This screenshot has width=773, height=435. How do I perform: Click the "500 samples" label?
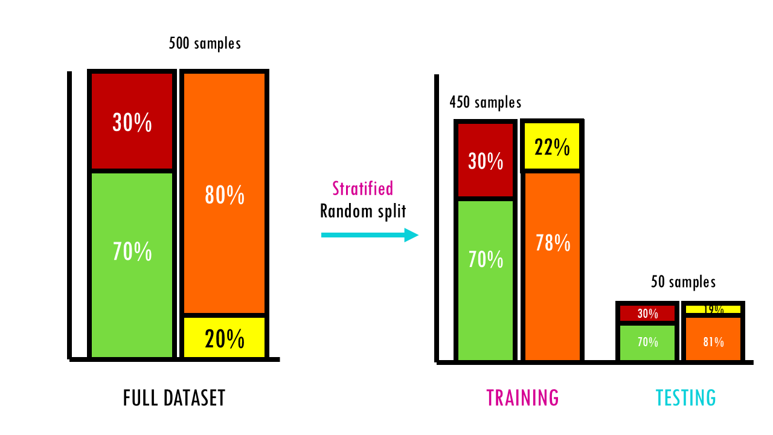tap(205, 44)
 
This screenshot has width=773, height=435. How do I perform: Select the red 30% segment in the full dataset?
tap(132, 122)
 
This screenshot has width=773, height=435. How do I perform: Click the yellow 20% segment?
tap(224, 338)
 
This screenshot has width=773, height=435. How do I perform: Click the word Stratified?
tap(363, 188)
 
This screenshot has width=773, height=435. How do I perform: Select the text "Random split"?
tap(363, 211)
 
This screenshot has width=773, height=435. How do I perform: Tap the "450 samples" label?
tap(485, 102)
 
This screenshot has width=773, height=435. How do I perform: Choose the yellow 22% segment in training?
tap(552, 147)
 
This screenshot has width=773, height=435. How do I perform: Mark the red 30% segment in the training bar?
tap(486, 161)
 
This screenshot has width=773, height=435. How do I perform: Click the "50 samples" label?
tap(683, 282)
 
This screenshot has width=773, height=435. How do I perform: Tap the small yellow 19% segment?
tap(713, 309)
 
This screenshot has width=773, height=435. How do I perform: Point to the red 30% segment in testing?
tap(647, 313)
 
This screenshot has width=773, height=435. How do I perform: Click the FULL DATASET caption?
tap(174, 398)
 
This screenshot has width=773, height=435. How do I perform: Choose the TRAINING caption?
tap(522, 398)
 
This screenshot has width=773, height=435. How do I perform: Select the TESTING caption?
tap(685, 398)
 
